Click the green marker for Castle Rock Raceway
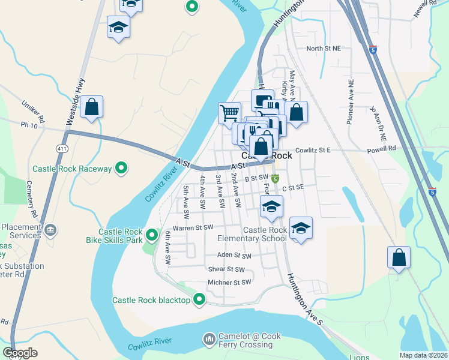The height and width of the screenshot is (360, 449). (121, 169)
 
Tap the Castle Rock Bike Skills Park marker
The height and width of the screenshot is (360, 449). (152, 235)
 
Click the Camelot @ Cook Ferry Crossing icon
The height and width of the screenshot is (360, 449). (209, 340)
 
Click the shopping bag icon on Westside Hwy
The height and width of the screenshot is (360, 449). (91, 108)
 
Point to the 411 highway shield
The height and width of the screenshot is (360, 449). (62, 148)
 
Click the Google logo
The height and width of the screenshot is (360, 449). (20, 353)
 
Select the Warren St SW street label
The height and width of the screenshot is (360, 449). (193, 228)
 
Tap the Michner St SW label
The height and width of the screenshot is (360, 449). (227, 282)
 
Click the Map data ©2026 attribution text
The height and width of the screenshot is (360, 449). (423, 355)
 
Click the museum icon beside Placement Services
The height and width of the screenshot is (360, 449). (50, 229)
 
